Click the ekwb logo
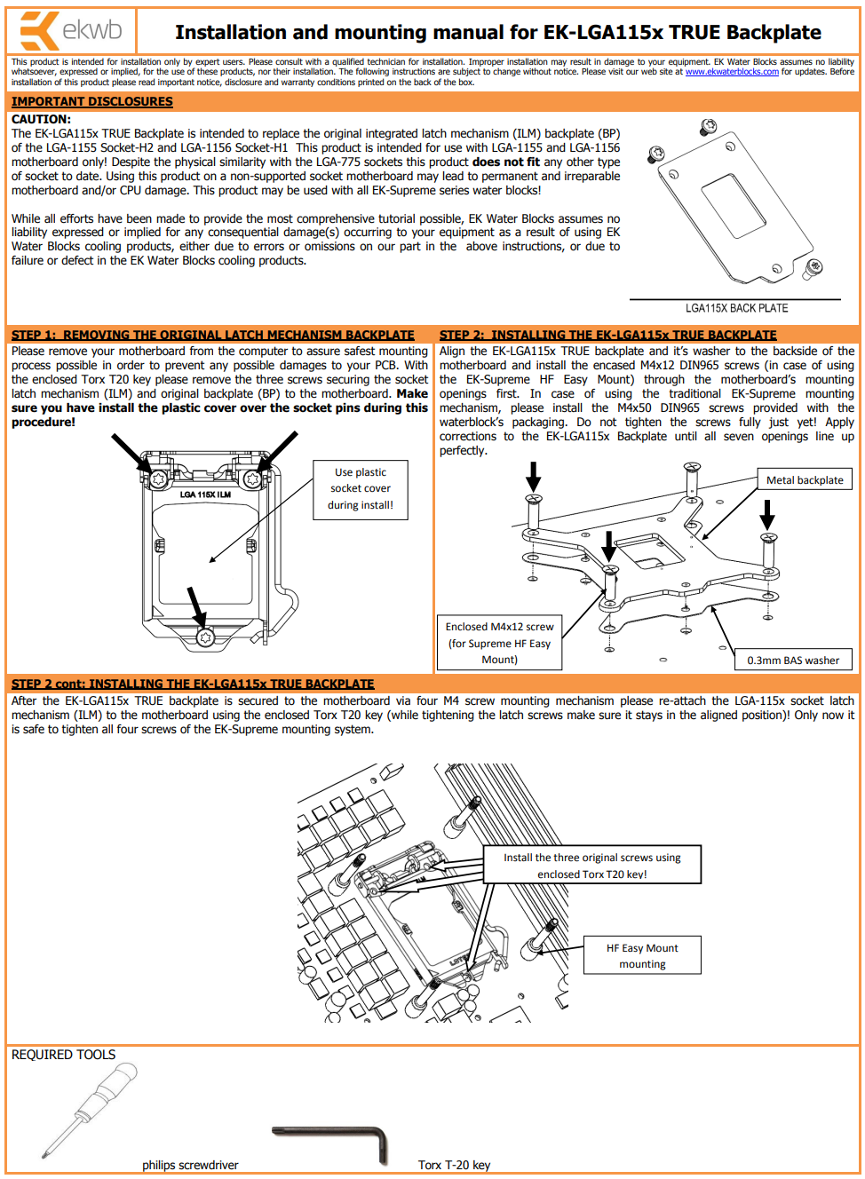[x=71, y=31]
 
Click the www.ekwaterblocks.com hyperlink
[x=731, y=72]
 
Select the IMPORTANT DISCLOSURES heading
[x=91, y=102]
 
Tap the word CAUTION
[x=41, y=119]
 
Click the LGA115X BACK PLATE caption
[x=736, y=308]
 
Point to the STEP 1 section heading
[x=212, y=335]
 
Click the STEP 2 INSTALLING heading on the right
[x=607, y=335]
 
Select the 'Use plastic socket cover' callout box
[x=360, y=489]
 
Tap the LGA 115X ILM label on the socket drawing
[x=205, y=495]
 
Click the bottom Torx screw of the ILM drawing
[x=205, y=637]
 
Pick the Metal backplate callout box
[x=804, y=479]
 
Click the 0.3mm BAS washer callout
[x=793, y=660]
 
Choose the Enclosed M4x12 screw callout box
[x=499, y=643]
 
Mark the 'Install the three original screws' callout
[x=591, y=865]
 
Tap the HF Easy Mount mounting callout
[x=642, y=955]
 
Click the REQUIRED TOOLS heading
[x=63, y=1055]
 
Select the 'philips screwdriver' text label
[x=190, y=1165]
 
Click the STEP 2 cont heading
[x=192, y=684]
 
